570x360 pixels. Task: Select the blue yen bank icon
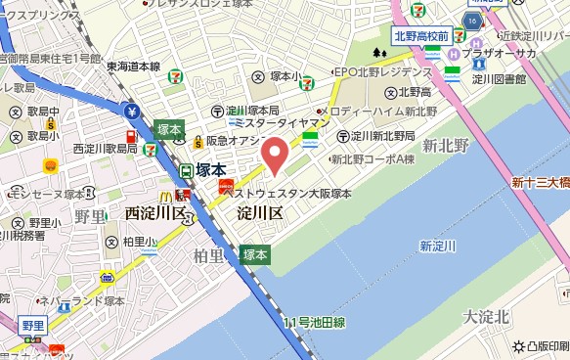[x=131, y=111]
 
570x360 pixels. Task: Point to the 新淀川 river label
[x=438, y=246]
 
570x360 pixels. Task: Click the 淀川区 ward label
[x=260, y=212]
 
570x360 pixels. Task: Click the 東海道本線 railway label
[x=134, y=67]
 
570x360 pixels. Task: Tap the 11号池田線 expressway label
[x=314, y=322]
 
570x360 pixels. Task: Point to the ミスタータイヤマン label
[x=281, y=125]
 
